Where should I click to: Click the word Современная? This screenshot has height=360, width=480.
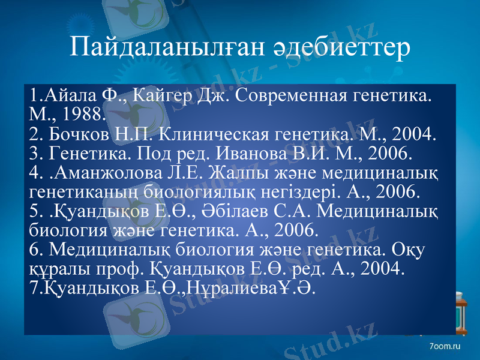tap(281, 95)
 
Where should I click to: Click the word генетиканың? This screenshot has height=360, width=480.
tap(73, 192)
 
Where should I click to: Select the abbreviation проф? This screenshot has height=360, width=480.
tap(118, 268)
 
